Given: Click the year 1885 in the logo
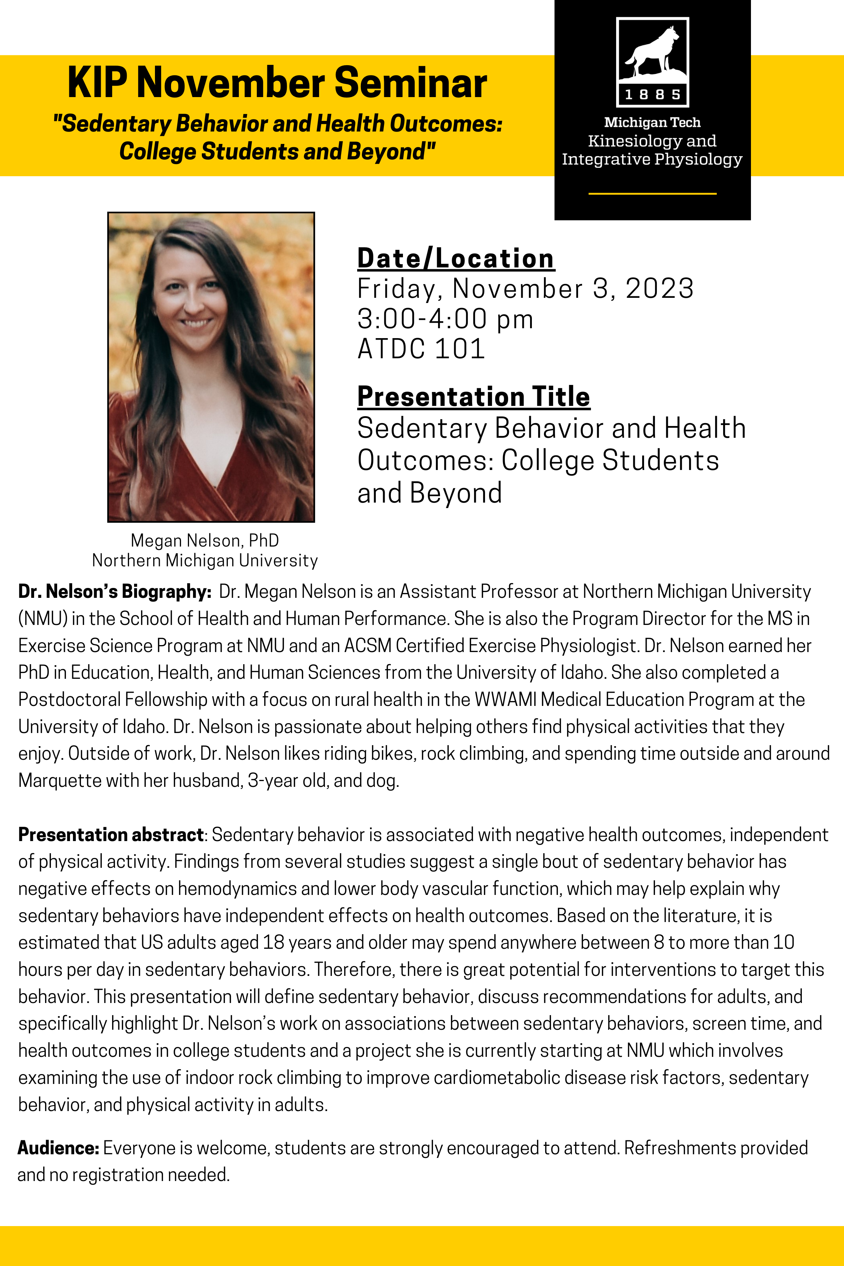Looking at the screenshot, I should coord(652,95).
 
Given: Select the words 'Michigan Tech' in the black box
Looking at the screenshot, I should coord(652,122).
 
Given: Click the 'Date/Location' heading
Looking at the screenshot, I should coord(455,258).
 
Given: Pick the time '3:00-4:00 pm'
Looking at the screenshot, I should coord(445,319).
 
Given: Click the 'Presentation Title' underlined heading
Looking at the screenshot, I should coord(473,397).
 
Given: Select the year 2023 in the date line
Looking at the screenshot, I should coord(659,289).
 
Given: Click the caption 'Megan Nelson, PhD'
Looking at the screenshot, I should coord(204,540).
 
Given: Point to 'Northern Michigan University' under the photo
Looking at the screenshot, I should coord(204,560).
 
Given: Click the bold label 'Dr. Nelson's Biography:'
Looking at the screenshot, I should coord(115,592).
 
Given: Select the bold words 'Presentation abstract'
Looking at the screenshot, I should coord(111,835).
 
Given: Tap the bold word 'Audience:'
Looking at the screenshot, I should coord(58,1148).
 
